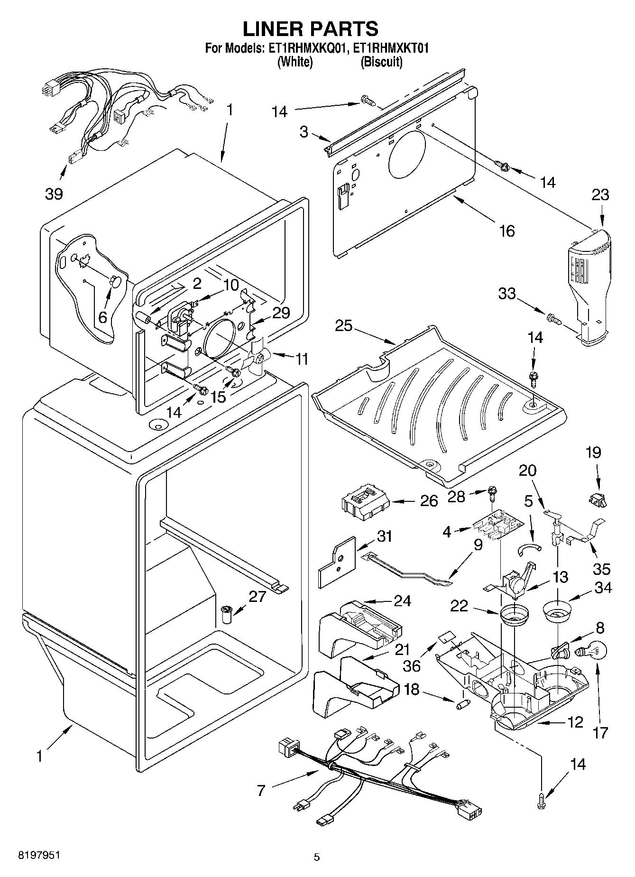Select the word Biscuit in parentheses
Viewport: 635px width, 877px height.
click(x=381, y=62)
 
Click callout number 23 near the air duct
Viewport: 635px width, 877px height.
click(x=600, y=195)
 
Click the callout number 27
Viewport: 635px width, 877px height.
click(x=258, y=596)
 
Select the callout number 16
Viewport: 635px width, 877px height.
click(x=507, y=231)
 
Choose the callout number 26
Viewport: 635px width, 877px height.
click(x=429, y=501)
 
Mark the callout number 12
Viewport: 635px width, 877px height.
click(x=575, y=722)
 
